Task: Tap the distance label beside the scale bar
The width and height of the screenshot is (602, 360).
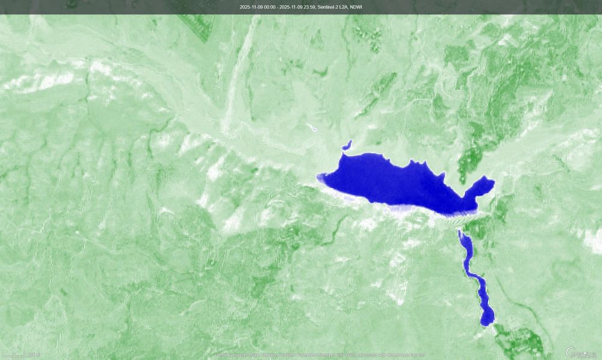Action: coord(34,355)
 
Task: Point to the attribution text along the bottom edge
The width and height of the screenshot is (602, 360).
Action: coord(319,355)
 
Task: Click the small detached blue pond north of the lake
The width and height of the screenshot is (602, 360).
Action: coord(347,145)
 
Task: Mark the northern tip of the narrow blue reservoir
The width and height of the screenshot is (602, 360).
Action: coord(461,234)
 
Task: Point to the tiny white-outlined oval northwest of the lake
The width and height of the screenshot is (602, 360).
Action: coord(311,127)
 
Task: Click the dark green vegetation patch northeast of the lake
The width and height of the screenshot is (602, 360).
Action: coord(470,160)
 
